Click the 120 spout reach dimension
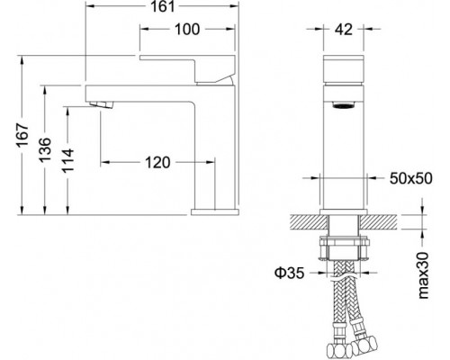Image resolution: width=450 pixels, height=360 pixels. click(x=157, y=162)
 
